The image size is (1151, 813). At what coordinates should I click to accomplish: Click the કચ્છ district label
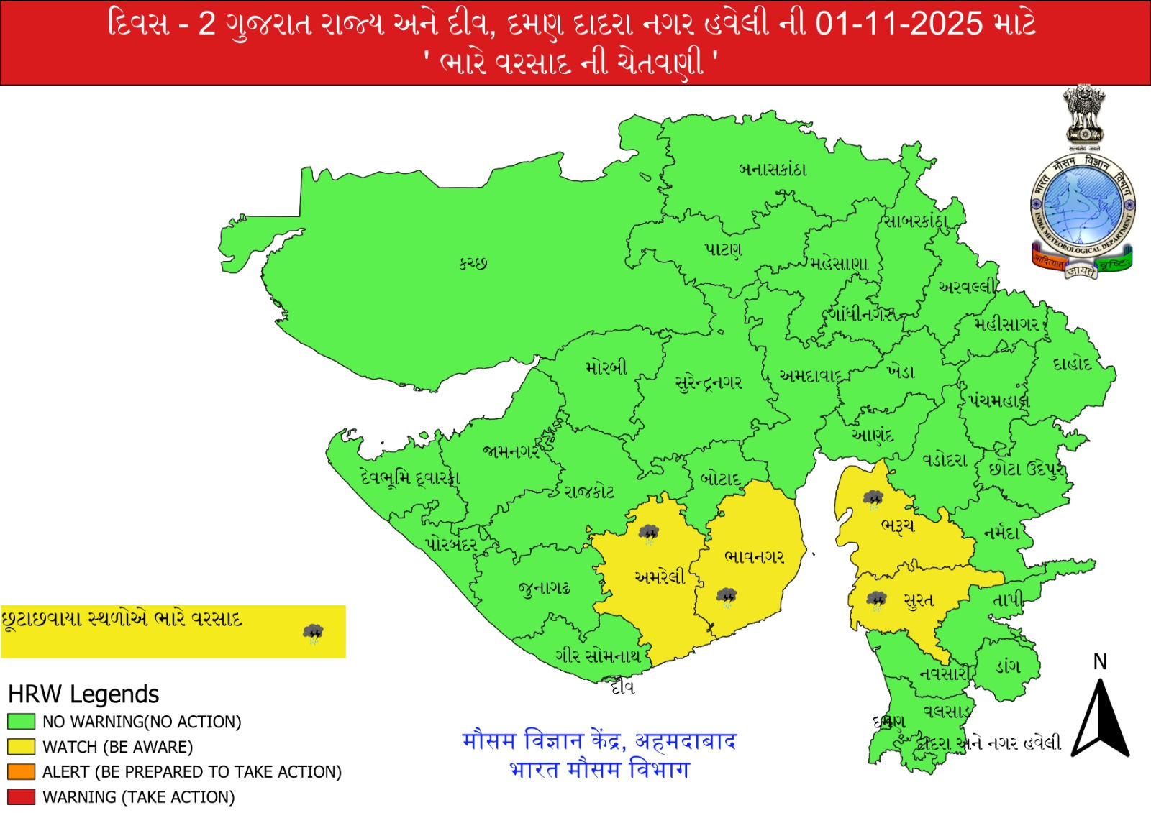click(x=473, y=263)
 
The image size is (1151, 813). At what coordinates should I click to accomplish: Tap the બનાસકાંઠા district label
click(x=773, y=170)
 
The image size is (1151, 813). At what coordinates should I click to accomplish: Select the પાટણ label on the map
click(x=723, y=249)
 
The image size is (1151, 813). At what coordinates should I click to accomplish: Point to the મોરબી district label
click(x=606, y=367)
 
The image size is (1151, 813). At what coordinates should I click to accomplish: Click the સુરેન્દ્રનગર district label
click(x=709, y=382)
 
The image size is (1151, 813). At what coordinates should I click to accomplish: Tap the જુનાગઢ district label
click(x=545, y=588)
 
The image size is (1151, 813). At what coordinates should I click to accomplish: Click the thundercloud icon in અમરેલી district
click(x=648, y=533)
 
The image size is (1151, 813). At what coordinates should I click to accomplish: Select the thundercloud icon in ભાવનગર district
click(x=727, y=597)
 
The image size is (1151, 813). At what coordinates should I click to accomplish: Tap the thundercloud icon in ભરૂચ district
click(x=873, y=498)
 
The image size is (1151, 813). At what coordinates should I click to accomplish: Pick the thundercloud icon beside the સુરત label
click(x=876, y=600)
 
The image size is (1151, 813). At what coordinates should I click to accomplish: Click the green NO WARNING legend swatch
click(x=21, y=721)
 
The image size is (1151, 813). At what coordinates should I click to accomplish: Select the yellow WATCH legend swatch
click(x=21, y=746)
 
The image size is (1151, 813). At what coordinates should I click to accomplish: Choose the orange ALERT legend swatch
click(x=21, y=771)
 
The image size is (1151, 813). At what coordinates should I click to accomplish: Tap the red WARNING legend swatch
click(x=21, y=796)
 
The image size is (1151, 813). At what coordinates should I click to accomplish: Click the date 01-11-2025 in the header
click(x=898, y=24)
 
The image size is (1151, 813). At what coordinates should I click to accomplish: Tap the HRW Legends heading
click(x=83, y=694)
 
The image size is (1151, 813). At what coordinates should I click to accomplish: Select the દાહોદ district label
click(x=1072, y=364)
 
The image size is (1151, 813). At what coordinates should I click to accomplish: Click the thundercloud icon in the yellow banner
click(x=313, y=633)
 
